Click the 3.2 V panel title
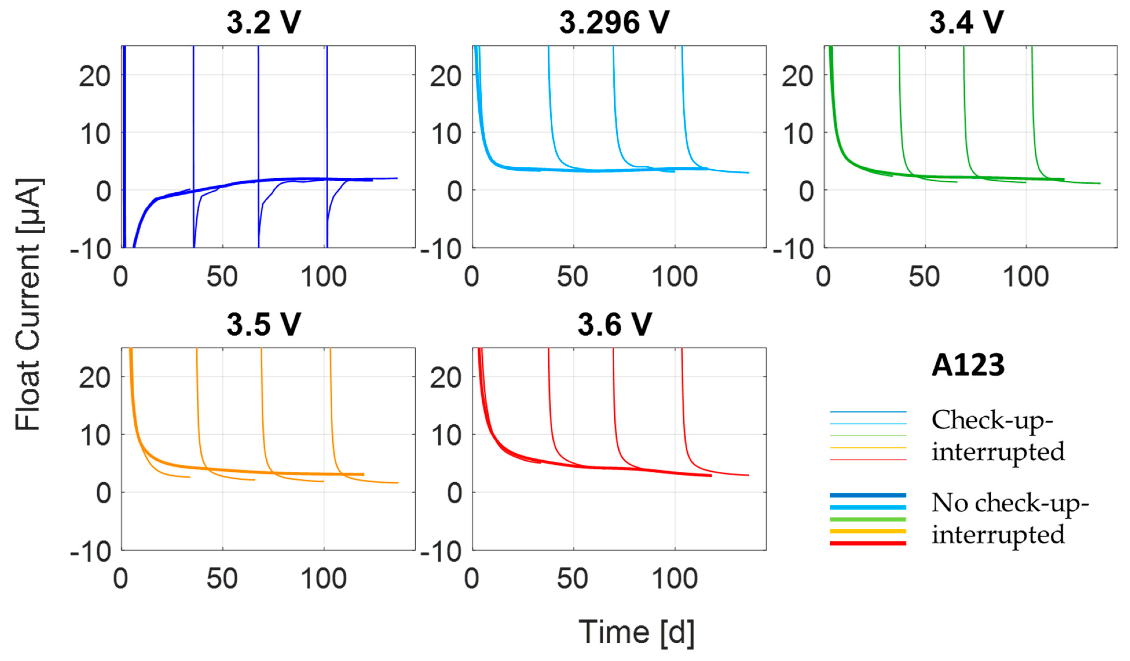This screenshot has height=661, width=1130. (x=264, y=22)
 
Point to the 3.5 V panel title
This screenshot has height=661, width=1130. (x=264, y=324)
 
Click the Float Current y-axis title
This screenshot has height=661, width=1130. (x=28, y=305)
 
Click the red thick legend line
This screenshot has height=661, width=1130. (x=868, y=543)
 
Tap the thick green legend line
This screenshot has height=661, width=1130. (x=868, y=519)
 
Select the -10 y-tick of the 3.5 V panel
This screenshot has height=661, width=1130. (x=91, y=552)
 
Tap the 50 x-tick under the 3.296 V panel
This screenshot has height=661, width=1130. (x=572, y=277)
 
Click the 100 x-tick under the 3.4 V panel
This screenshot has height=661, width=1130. (x=1025, y=277)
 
